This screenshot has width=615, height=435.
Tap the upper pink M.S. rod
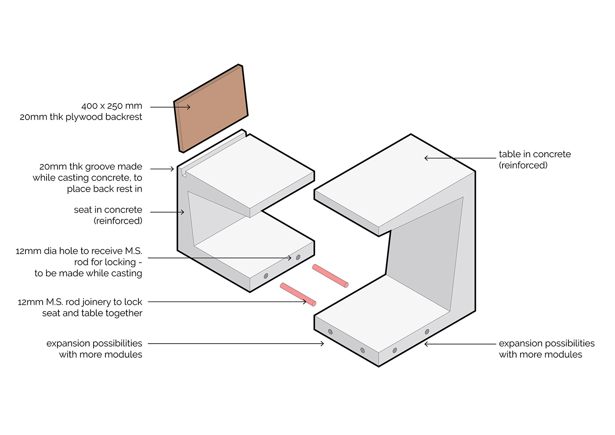click(x=330, y=275)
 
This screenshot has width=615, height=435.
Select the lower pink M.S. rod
click(x=298, y=294)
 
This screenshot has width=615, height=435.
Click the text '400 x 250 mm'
click(x=112, y=106)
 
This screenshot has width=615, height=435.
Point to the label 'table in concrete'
click(x=535, y=154)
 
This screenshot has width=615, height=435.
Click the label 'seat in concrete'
click(x=108, y=210)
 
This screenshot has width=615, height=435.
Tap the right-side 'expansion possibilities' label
click(x=546, y=344)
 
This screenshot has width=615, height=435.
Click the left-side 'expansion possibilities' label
click(x=94, y=344)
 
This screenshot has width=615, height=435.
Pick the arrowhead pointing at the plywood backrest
click(x=188, y=107)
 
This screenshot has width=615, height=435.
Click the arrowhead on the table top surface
click(x=426, y=158)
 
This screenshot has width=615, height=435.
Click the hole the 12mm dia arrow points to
click(x=298, y=257)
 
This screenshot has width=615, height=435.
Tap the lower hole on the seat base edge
click(x=266, y=276)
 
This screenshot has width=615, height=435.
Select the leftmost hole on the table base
click(x=330, y=332)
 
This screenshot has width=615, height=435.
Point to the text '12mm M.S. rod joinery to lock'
click(x=80, y=302)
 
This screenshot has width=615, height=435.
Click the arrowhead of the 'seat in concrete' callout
click(x=182, y=212)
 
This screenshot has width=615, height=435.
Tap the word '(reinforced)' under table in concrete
click(x=523, y=165)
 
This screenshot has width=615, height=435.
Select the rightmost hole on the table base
click(x=427, y=332)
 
